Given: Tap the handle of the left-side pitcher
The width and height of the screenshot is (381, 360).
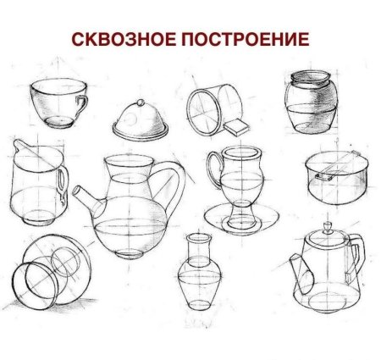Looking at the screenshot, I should tap(61, 180).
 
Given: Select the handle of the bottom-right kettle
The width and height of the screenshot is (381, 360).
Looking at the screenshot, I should tap(356, 255).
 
